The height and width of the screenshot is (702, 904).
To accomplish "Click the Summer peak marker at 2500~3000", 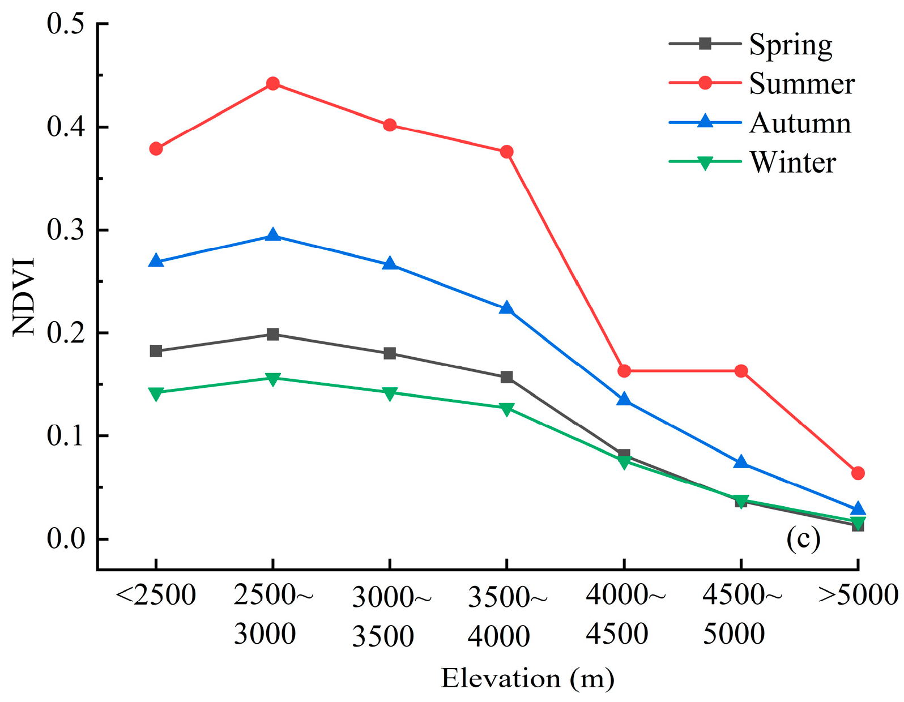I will pyautogui.click(x=273, y=84).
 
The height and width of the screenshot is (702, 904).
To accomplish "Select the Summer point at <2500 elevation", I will pyautogui.click(x=156, y=149).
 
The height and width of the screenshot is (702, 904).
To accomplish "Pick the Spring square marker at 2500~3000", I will pyautogui.click(x=273, y=334).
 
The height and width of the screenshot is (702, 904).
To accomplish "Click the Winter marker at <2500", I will pyautogui.click(x=156, y=393).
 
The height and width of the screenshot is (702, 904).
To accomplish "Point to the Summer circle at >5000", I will pyautogui.click(x=858, y=473).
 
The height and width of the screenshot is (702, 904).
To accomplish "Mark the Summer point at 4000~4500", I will pyautogui.click(x=624, y=371).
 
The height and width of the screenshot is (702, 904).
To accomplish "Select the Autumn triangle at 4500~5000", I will pyautogui.click(x=741, y=463).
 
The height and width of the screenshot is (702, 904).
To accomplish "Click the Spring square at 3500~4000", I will pyautogui.click(x=506, y=377).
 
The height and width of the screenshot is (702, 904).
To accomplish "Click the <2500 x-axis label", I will pyautogui.click(x=156, y=596).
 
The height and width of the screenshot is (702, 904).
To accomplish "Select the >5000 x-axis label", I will pyautogui.click(x=858, y=596).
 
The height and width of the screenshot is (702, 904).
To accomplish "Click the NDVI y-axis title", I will pyautogui.click(x=24, y=297).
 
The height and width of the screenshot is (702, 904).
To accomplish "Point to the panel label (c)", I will pyautogui.click(x=803, y=540).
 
